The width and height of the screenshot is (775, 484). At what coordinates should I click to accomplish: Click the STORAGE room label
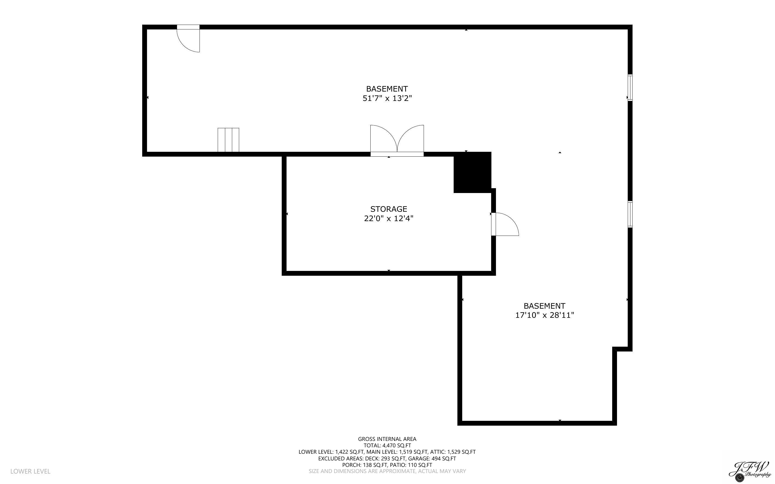pos(388,209)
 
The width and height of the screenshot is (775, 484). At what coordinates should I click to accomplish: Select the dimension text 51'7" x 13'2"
pos(387,98)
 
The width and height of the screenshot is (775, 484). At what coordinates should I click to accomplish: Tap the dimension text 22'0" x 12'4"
pos(388,219)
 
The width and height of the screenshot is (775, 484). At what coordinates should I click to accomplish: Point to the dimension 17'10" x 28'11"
pos(544,315)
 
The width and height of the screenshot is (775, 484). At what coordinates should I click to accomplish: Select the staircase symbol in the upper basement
pos(228,140)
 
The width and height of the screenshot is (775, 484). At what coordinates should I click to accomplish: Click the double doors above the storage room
pos(397,140)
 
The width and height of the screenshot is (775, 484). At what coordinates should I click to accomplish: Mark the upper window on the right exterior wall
pos(630,87)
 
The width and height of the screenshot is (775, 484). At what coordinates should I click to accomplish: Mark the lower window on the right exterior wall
pos(630,214)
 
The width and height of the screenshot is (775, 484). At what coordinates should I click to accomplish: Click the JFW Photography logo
pos(750,471)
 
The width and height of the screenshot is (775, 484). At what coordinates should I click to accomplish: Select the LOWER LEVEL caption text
pos(31,471)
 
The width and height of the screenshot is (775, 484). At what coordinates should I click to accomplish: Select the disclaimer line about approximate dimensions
pos(387,471)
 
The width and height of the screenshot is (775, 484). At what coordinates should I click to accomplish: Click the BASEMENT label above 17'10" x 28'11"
pos(544,306)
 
